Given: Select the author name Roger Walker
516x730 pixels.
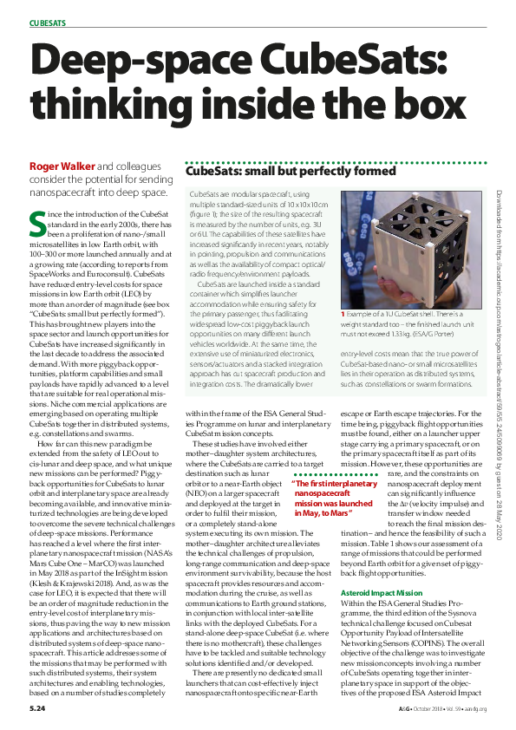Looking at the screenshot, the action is tap(62, 166).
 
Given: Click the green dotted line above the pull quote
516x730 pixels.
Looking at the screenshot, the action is tap(333, 474).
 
